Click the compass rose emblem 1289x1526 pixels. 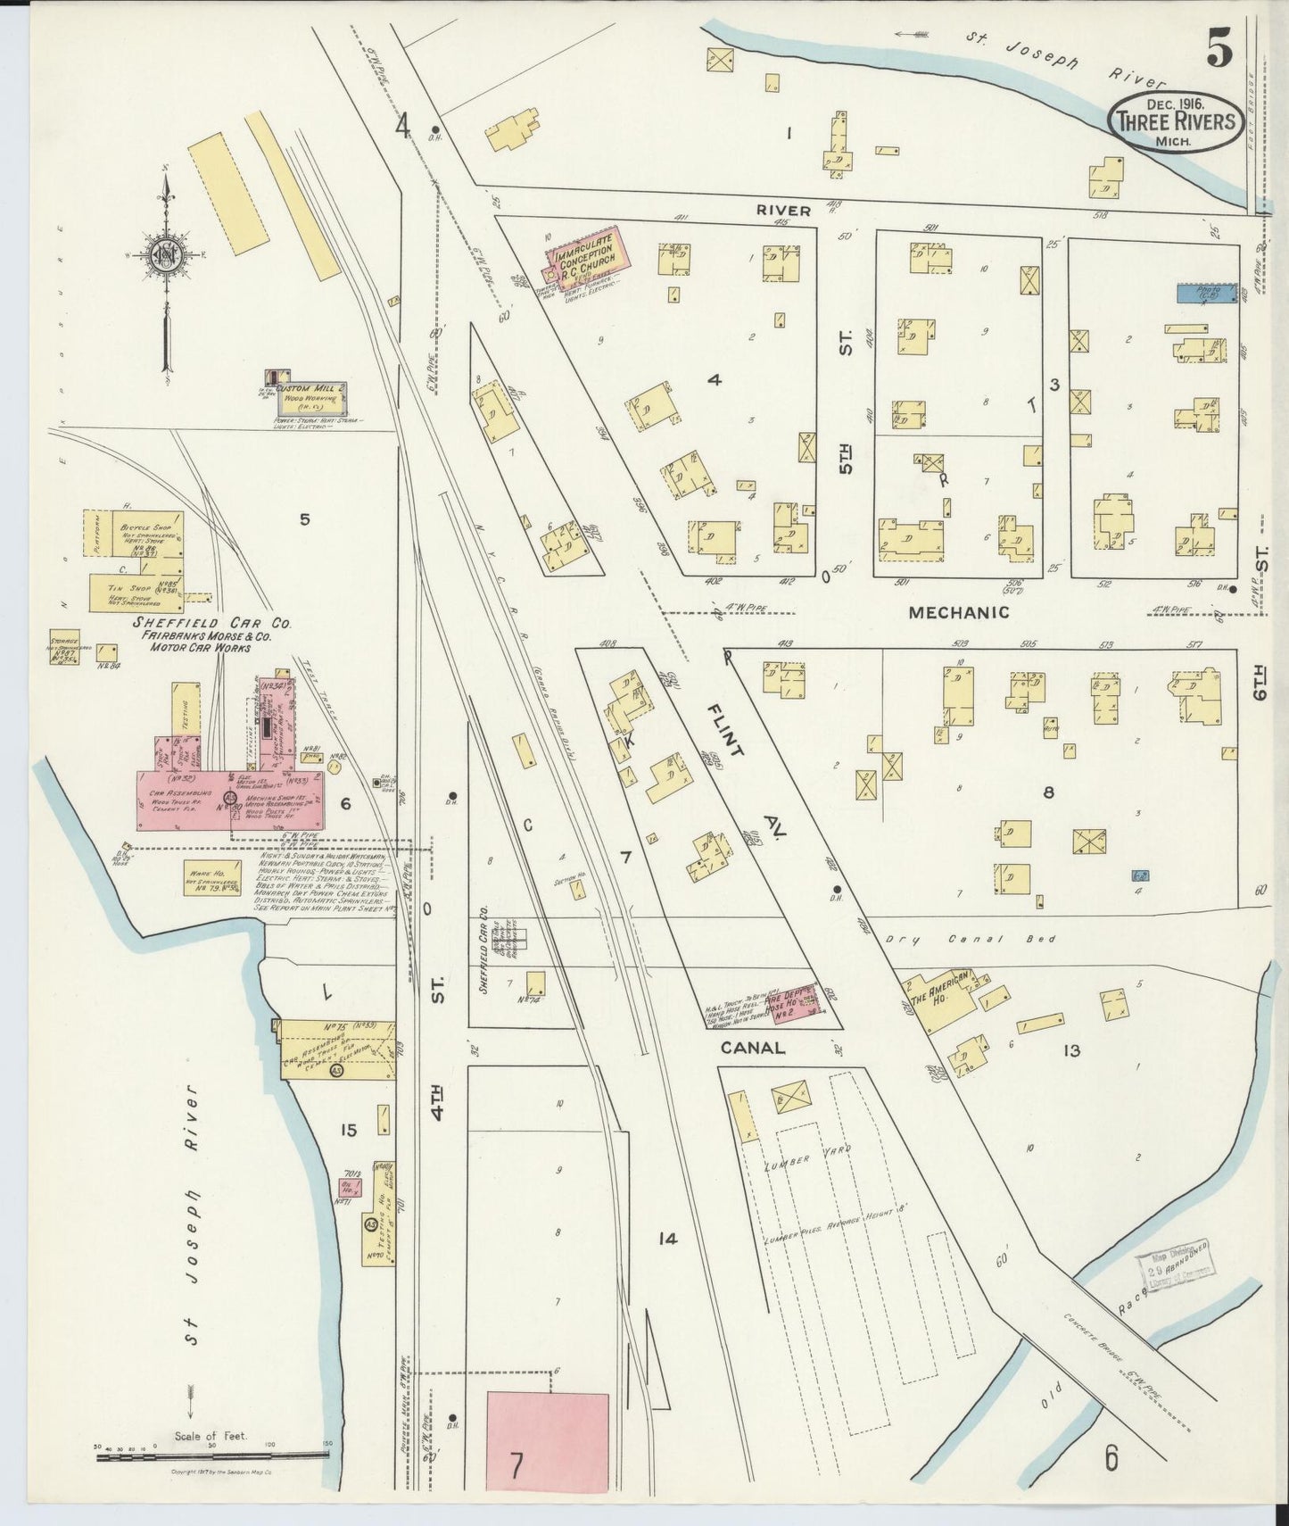[x=165, y=259]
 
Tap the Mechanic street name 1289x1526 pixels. [x=959, y=612]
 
